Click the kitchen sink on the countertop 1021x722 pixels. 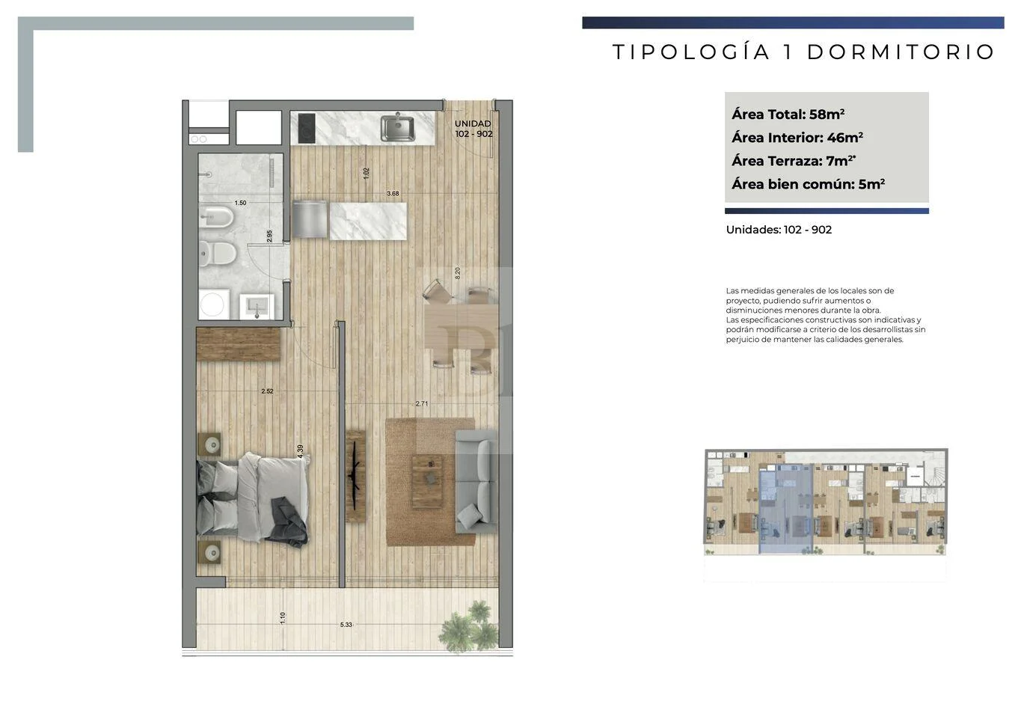[398, 128]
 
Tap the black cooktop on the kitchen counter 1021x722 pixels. [307, 128]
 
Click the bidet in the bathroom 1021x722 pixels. [216, 217]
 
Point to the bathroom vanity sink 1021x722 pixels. [257, 306]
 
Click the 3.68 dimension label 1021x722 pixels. [393, 193]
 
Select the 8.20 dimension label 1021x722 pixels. [458, 273]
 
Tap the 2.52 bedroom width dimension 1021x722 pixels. [268, 391]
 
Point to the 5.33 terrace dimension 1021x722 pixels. [346, 625]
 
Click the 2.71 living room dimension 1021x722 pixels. [422, 403]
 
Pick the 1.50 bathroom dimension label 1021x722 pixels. [240, 203]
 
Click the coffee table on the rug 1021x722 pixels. [427, 481]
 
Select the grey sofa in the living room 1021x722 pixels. [476, 481]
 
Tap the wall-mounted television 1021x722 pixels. [355, 477]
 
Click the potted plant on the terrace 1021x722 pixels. [468, 626]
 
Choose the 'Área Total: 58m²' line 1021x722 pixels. [788, 114]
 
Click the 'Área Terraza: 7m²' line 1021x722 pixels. [794, 160]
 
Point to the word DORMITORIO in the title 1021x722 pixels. [901, 52]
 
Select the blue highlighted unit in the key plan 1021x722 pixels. [786, 509]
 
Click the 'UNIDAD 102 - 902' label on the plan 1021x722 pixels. [473, 129]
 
